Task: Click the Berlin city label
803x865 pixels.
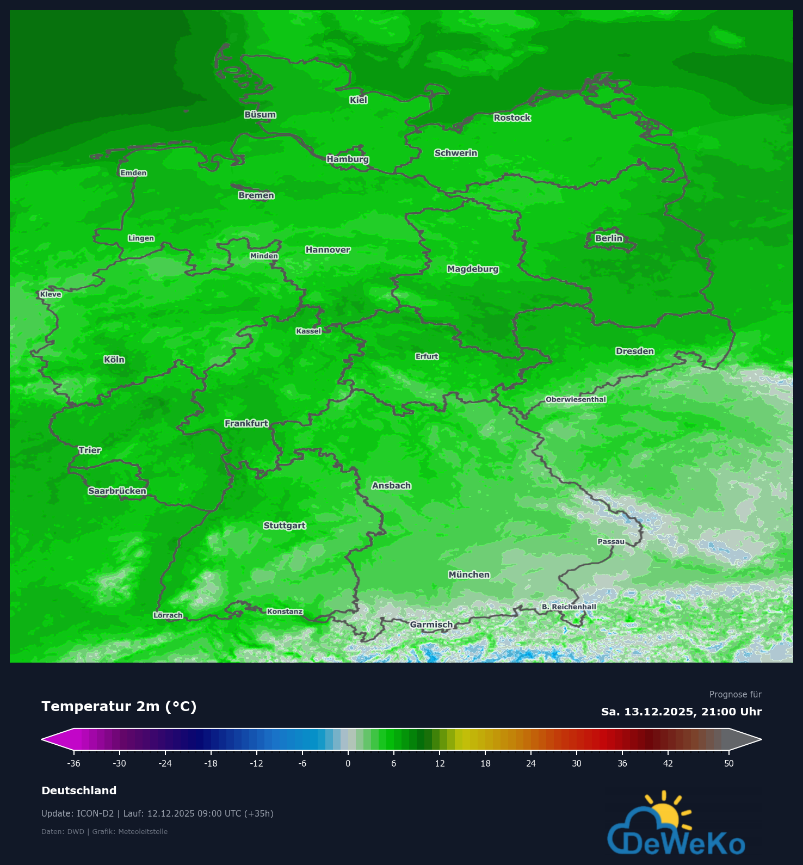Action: (608, 238)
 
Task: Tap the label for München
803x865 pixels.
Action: (469, 574)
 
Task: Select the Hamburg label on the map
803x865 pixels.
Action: (348, 159)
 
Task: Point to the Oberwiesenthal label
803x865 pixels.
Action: (576, 399)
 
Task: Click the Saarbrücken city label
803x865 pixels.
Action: (118, 491)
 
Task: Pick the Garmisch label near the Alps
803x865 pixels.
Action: (431, 625)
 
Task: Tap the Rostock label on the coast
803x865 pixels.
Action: (512, 118)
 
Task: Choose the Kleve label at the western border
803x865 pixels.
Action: (51, 294)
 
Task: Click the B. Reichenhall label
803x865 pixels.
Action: (569, 607)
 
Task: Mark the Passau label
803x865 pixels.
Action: (611, 541)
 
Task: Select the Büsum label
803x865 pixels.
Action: (260, 115)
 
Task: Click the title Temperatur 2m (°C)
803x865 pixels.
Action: (119, 706)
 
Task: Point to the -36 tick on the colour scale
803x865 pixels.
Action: (73, 763)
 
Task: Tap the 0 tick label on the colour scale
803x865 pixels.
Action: (348, 763)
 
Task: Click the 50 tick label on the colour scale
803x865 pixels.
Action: (728, 763)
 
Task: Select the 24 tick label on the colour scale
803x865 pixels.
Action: (530, 763)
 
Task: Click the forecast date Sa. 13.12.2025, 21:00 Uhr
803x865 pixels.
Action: (681, 712)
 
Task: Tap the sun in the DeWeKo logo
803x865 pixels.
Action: (665, 814)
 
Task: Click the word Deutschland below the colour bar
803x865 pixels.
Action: (79, 790)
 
